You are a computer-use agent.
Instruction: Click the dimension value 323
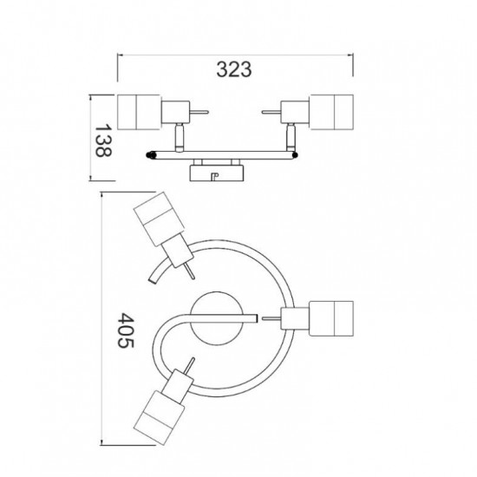click(234, 69)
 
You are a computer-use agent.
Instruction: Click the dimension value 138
click(102, 140)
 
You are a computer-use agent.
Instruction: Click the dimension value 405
click(126, 330)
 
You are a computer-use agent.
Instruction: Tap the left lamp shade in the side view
click(139, 112)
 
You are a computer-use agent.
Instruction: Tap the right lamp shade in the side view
click(331, 112)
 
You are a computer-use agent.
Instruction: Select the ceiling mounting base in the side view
click(217, 173)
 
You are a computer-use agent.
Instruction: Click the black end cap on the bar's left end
click(151, 155)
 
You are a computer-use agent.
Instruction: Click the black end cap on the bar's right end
click(294, 155)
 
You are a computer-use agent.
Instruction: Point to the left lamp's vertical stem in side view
click(180, 138)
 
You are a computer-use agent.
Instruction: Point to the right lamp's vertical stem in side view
click(291, 138)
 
